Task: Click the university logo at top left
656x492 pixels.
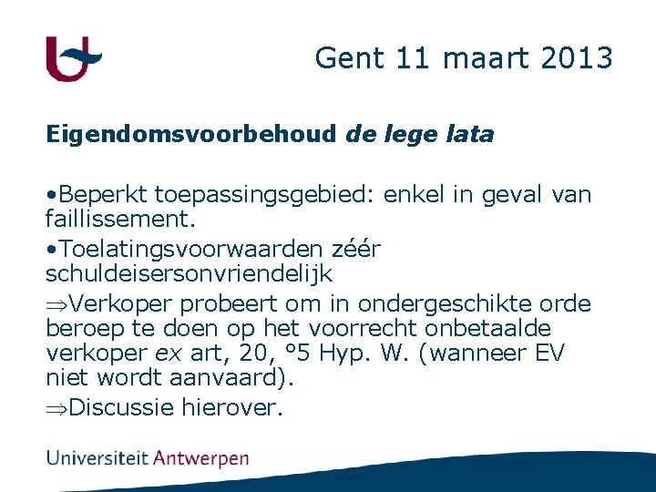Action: click(x=73, y=59)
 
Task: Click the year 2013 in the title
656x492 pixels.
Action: click(x=578, y=58)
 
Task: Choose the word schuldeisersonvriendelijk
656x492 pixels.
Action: click(x=189, y=273)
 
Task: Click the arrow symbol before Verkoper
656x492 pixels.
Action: click(x=56, y=303)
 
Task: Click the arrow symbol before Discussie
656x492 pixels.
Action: click(x=56, y=407)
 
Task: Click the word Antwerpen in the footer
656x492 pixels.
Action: click(x=200, y=457)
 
